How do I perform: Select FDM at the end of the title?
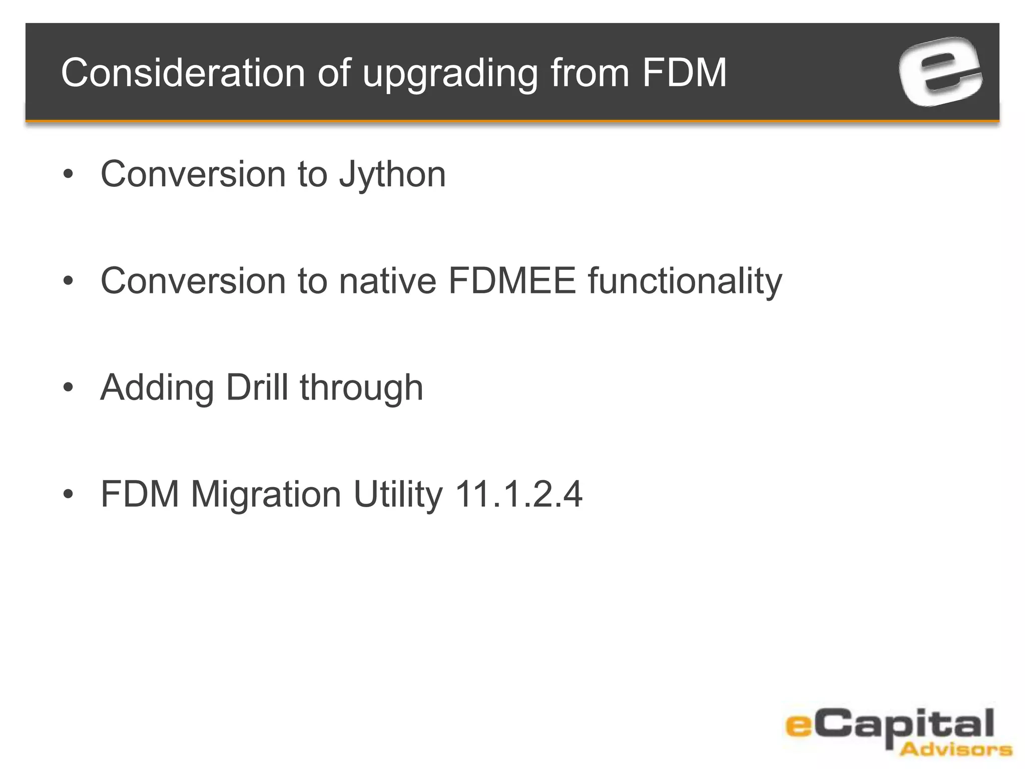click(684, 73)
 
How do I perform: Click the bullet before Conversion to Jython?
click(69, 175)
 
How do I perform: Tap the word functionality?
click(685, 282)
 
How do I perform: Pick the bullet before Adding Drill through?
click(69, 388)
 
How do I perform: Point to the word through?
click(361, 389)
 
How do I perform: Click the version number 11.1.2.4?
click(519, 494)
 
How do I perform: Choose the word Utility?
click(398, 495)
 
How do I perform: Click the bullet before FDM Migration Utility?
click(69, 494)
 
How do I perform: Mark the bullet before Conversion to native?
click(69, 281)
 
